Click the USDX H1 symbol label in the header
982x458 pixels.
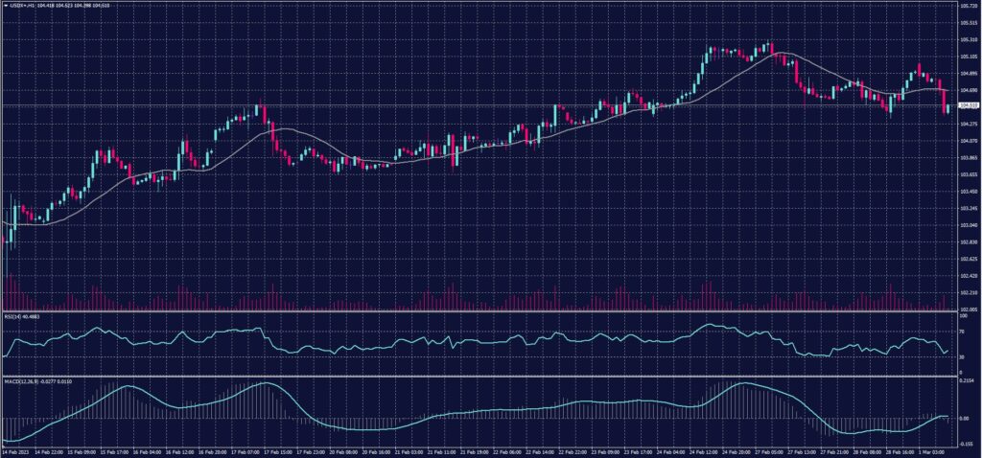click(19, 5)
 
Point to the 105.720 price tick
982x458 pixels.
click(969, 5)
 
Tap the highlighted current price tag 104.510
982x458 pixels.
click(969, 105)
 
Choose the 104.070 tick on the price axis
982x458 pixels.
click(969, 140)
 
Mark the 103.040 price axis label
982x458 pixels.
click(969, 225)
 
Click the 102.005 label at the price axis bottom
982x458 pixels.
click(969, 309)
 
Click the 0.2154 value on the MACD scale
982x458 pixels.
click(967, 381)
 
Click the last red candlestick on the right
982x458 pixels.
click(945, 102)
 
